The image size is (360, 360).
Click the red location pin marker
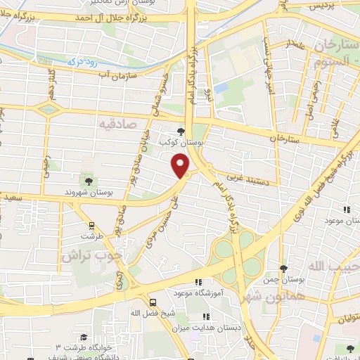[x=181, y=165]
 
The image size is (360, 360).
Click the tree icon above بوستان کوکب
[x=181, y=131]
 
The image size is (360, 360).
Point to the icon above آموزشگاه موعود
[x=198, y=281]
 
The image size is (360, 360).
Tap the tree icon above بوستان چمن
[x=283, y=269]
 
